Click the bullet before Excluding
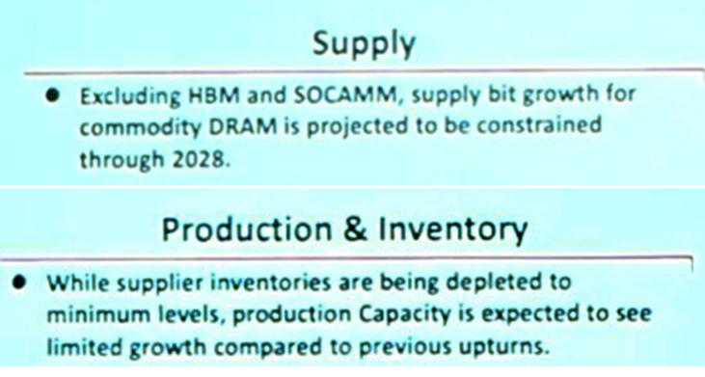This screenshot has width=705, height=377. click(x=57, y=96)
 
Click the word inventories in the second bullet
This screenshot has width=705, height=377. click(x=240, y=283)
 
